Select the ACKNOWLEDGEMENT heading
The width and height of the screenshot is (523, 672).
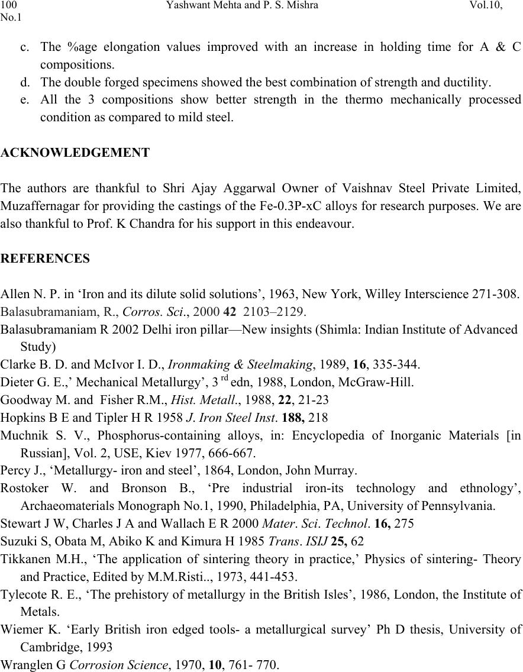coord(75,153)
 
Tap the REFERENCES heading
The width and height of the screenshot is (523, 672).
coord(46,259)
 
